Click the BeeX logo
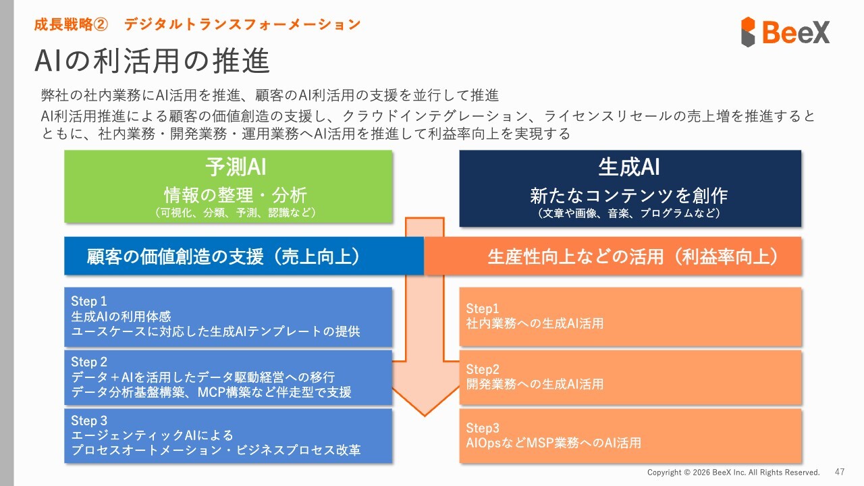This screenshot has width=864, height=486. coord(785,32)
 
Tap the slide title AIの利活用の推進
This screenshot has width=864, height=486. coord(152,61)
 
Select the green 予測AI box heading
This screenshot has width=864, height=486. coord(236,167)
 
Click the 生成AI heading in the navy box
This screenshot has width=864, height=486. coord(629,167)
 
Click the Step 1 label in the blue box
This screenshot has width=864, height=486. coord(88,301)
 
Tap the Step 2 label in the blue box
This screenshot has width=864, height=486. coord(89,362)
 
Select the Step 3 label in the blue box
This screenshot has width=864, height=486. coord(89,421)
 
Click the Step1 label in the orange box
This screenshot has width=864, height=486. coord(482,308)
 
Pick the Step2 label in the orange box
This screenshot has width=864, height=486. coord(483,369)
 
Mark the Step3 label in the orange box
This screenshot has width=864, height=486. coord(483,428)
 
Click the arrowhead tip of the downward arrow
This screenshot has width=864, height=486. coord(425,416)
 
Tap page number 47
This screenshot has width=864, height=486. coord(840,472)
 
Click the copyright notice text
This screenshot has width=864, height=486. coord(733,472)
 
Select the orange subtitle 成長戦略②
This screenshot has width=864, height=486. coord(71,25)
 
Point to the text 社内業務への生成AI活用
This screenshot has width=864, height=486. coord(535,323)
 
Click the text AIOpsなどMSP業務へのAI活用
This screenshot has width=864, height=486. coord(553,442)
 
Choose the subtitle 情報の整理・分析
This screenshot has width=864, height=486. coord(236,195)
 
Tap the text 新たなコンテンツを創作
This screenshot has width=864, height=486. coord(628,195)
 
